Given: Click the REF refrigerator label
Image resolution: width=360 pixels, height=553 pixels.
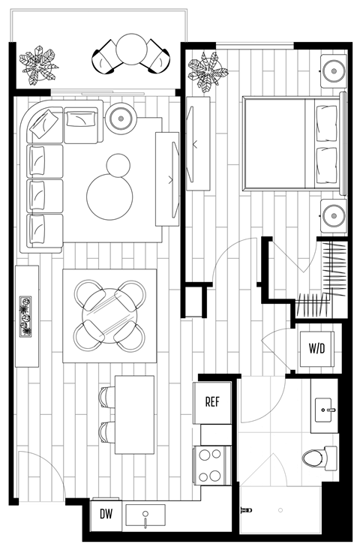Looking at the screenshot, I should pyautogui.click(x=212, y=401).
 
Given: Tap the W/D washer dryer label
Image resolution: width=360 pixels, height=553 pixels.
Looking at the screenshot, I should pyautogui.click(x=316, y=348).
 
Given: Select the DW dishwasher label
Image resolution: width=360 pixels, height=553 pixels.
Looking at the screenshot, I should pyautogui.click(x=106, y=515).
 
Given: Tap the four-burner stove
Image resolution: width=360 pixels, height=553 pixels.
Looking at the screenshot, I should pyautogui.click(x=211, y=464).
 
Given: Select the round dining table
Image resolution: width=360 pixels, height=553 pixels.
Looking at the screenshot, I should pyautogui.click(x=111, y=313).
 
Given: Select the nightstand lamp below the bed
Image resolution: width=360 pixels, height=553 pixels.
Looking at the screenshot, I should pyautogui.click(x=332, y=217).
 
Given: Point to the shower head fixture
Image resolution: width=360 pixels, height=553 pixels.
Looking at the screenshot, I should pyautogui.click(x=244, y=510).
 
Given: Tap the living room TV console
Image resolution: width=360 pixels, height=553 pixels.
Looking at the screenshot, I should pyautogui.click(x=167, y=179).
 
